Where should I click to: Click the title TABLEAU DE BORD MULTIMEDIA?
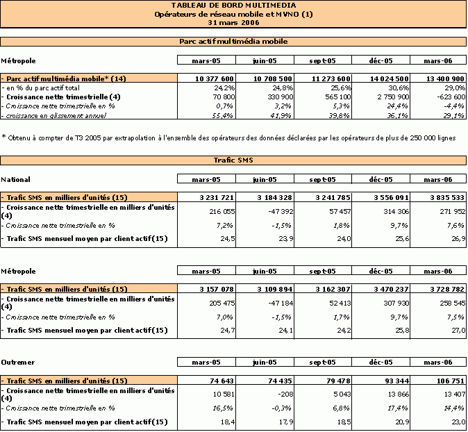[x=234, y=6]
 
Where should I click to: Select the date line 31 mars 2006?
[x=234, y=23]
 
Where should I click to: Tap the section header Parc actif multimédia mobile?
[x=233, y=42]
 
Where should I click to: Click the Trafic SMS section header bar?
[x=233, y=160]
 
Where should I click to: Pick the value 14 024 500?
[x=390, y=78]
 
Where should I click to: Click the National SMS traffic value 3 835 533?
[x=447, y=198]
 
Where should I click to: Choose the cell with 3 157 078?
[x=217, y=290]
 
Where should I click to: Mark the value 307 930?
[x=396, y=303]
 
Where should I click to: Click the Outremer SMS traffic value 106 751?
[x=451, y=381]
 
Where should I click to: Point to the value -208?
[x=285, y=394]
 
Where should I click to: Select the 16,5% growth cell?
[x=223, y=408]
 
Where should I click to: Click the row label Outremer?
[x=18, y=363]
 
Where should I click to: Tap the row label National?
[x=15, y=180]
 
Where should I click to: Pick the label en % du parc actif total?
[x=42, y=88]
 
